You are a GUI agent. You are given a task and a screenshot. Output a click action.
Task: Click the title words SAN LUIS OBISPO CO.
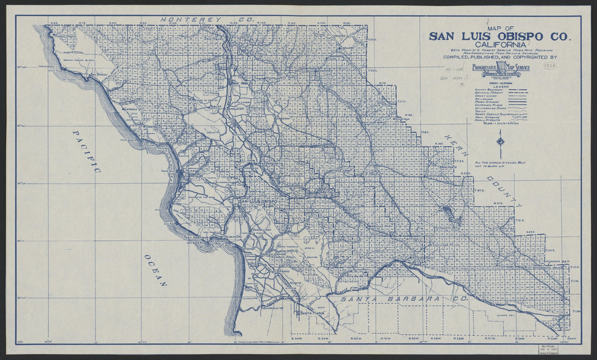pyautogui.click(x=499, y=36)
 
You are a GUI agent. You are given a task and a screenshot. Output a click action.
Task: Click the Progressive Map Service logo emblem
pyautogui.click(x=500, y=67)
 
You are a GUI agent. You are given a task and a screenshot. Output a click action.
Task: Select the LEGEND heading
pyautogui.click(x=500, y=86)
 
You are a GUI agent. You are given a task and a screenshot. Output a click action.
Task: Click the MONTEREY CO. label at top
pyautogui.click(x=207, y=19)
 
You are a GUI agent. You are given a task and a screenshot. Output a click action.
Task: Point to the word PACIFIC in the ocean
pyautogui.click(x=87, y=151)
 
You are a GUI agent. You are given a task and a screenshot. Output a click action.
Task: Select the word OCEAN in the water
pyautogui.click(x=155, y=269)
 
